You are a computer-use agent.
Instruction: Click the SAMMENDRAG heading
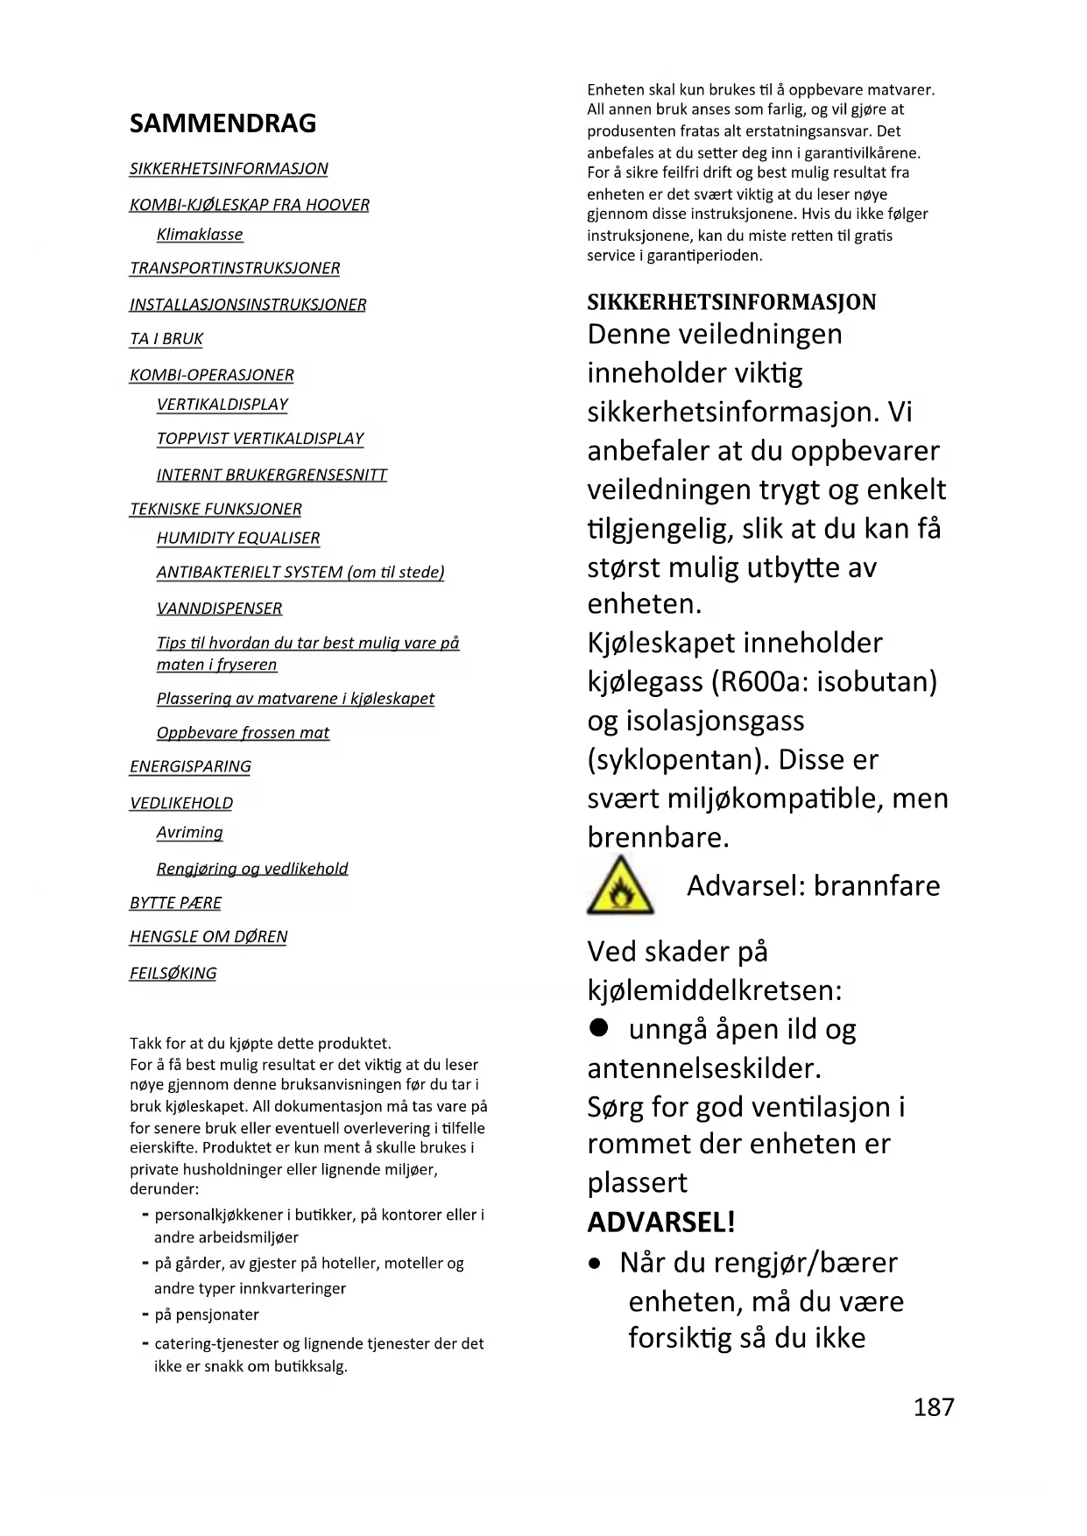click(x=222, y=123)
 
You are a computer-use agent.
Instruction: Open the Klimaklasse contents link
click(x=200, y=235)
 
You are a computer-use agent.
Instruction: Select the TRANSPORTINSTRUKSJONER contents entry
click(x=235, y=268)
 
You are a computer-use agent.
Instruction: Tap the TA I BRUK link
click(x=166, y=339)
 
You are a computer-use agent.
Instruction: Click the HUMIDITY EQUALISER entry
click(x=238, y=539)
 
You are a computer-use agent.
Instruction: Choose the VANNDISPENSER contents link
click(x=219, y=609)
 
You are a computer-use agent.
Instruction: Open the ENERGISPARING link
click(x=190, y=767)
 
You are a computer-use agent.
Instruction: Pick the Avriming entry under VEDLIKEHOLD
click(x=189, y=833)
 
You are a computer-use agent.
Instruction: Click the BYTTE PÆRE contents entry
click(x=175, y=903)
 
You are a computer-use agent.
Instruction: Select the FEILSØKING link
click(x=173, y=973)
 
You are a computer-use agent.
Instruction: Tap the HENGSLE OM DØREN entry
click(x=208, y=937)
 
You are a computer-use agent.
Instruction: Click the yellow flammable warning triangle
click(x=620, y=887)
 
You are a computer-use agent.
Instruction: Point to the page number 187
click(x=934, y=1406)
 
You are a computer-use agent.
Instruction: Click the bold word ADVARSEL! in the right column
click(x=661, y=1222)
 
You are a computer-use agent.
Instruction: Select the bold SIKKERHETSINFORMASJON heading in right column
click(x=731, y=302)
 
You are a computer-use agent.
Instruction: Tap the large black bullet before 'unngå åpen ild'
click(x=599, y=1028)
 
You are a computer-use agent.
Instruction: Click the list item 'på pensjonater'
click(x=207, y=1314)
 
